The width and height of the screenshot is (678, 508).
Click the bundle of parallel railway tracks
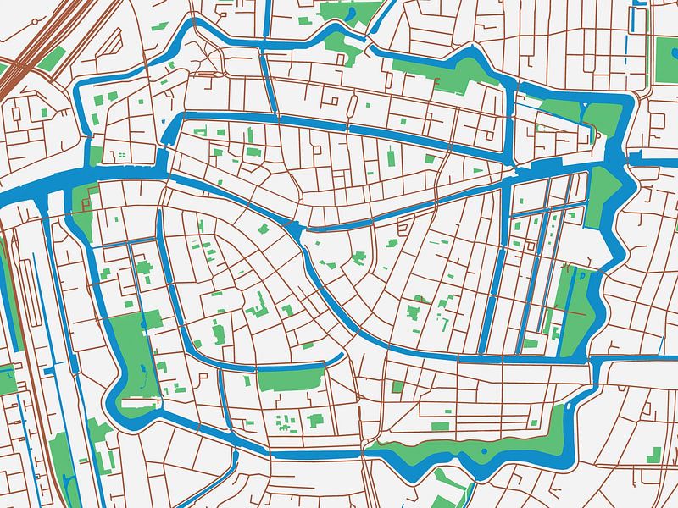[x=34, y=51]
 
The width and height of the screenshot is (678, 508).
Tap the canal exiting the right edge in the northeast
[x=657, y=158]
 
